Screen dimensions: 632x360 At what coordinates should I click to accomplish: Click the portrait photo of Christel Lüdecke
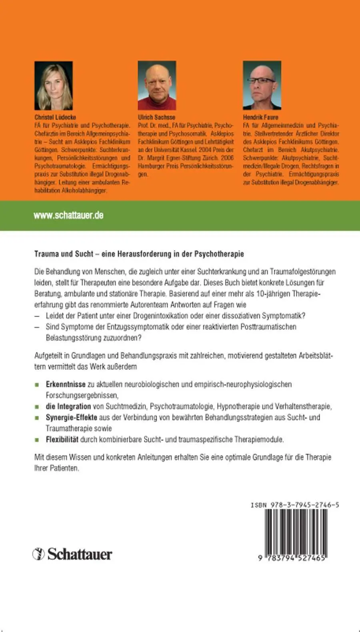tap(54, 85)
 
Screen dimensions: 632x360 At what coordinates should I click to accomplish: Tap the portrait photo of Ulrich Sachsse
tap(157, 85)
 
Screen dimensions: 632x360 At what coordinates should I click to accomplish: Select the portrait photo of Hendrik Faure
tap(262, 85)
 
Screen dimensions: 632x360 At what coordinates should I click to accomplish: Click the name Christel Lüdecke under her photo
tap(55, 117)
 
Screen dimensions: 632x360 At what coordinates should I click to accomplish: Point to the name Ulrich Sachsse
tap(156, 117)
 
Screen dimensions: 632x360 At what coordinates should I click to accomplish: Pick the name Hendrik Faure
tap(260, 117)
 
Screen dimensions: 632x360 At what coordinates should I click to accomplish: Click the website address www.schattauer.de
tap(68, 215)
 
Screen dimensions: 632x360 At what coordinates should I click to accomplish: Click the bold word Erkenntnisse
tap(66, 384)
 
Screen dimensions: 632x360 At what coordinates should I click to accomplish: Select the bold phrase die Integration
tap(68, 406)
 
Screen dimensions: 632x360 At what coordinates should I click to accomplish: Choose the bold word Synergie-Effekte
tap(71, 417)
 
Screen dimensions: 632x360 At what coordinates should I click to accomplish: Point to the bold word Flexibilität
tap(62, 439)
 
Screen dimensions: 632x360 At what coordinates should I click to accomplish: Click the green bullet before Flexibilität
tap(37, 440)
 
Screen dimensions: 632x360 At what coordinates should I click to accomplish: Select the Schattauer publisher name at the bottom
tap(80, 554)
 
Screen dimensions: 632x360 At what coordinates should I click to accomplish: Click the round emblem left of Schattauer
tap(38, 554)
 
